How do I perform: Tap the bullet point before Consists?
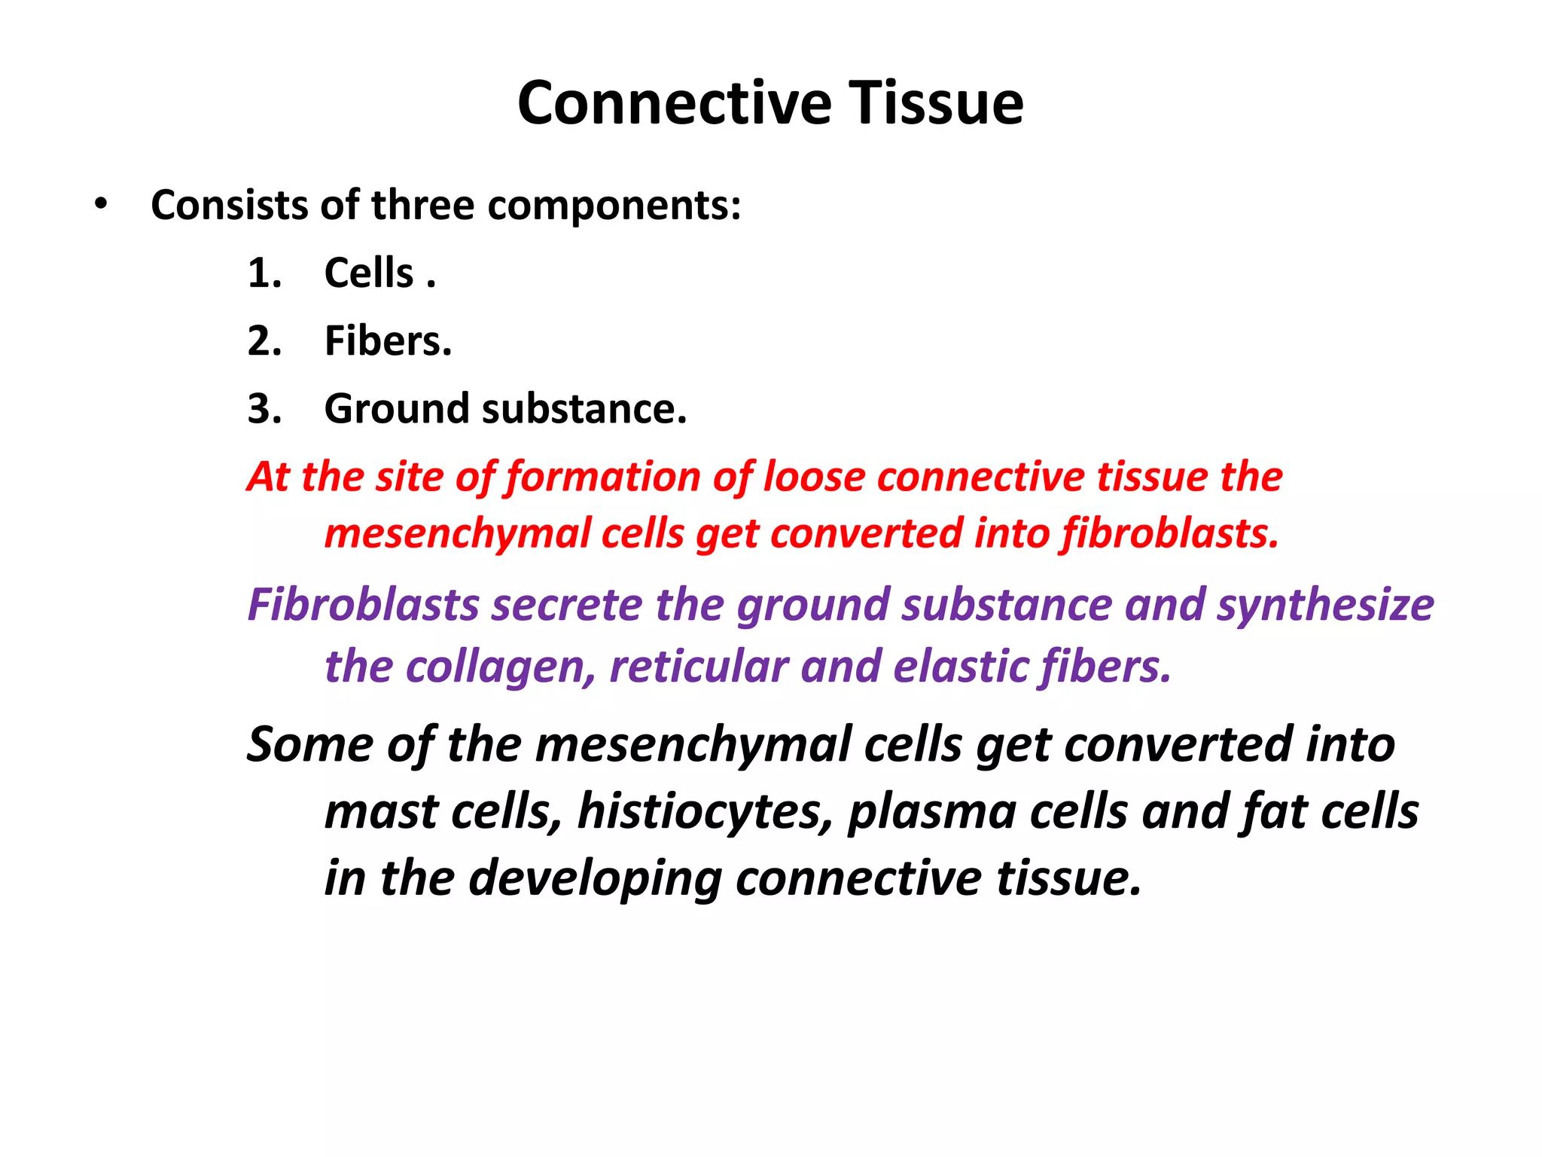(x=101, y=204)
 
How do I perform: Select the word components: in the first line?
(x=614, y=206)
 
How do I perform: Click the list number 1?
(x=264, y=273)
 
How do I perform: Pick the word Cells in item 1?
(x=369, y=273)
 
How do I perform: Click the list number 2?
(x=264, y=340)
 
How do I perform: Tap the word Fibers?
(x=388, y=340)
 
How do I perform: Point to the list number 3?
(x=264, y=408)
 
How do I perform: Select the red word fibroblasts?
(x=1170, y=533)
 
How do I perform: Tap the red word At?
(x=269, y=477)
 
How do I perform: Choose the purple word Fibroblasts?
(x=364, y=605)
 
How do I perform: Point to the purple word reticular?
(x=698, y=667)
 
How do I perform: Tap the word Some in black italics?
(x=310, y=744)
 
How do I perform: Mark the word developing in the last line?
(x=595, y=879)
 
